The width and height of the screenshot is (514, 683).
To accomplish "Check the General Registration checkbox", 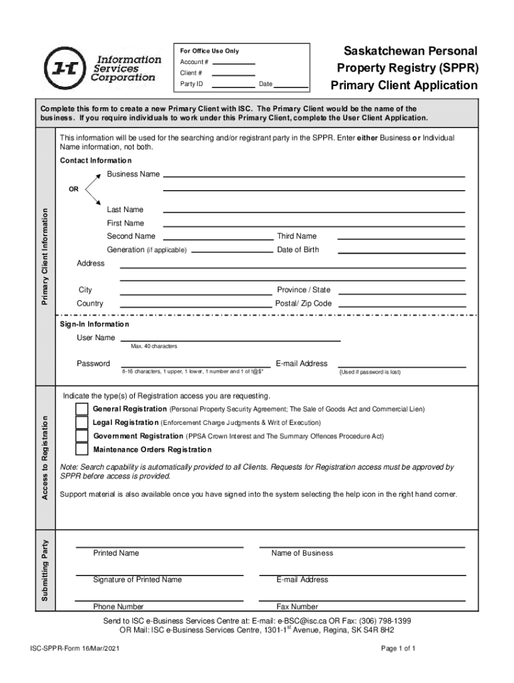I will point(81,409).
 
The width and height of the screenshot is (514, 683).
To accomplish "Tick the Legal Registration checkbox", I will point(81,422).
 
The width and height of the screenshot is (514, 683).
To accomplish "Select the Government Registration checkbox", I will point(81,436).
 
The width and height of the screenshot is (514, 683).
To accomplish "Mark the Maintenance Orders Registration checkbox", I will point(81,450).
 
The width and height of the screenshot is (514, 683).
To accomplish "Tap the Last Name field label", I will point(125,209).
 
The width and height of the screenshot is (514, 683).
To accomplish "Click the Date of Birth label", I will point(298,250).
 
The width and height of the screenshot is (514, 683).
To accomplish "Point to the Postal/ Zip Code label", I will point(303,303).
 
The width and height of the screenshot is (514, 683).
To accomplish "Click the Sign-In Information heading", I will point(95,324).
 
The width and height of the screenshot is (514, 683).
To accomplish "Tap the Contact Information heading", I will point(95,161).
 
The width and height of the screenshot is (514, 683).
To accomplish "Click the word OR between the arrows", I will point(74,189).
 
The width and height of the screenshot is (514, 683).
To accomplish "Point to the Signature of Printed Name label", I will point(138,580).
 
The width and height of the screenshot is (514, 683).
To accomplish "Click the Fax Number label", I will point(297,607).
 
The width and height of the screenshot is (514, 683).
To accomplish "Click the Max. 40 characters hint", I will point(154,346).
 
